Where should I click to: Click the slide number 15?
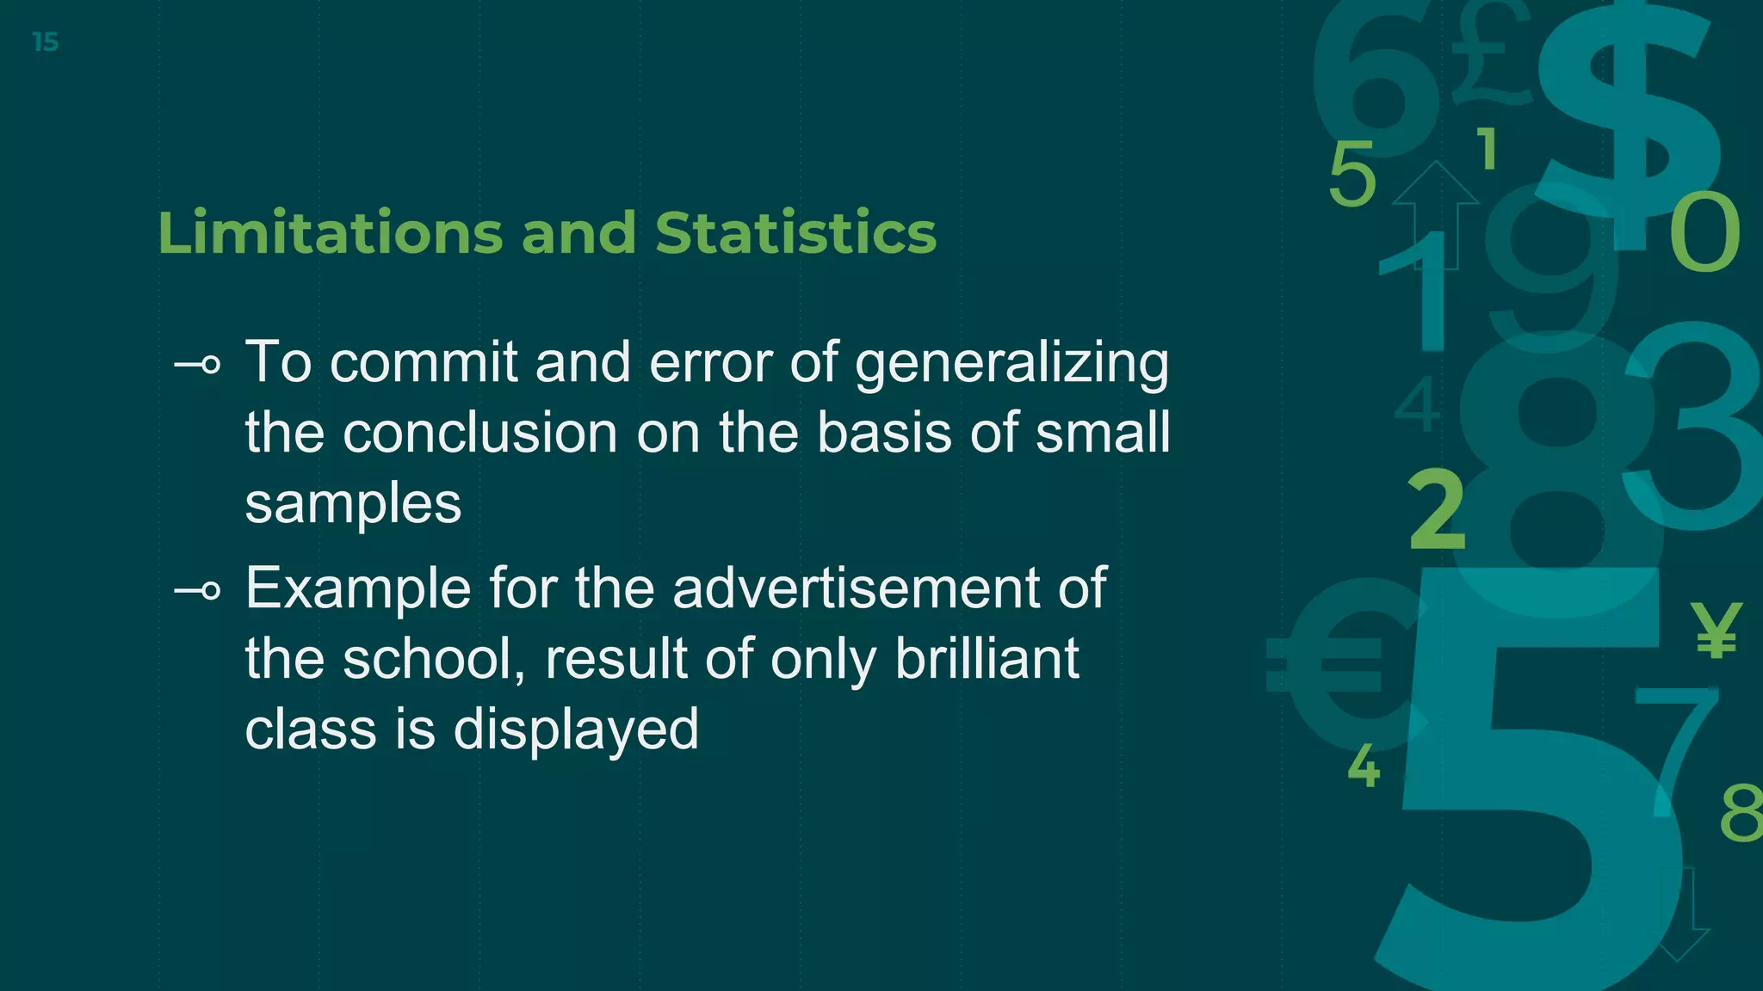pos(45,42)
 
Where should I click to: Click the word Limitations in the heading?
pos(330,233)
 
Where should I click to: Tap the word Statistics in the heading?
pos(795,233)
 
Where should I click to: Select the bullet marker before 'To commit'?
pos(197,366)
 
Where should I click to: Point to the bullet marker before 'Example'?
pos(197,591)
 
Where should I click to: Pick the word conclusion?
pos(479,432)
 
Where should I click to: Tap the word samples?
pos(353,503)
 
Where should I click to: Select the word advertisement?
pos(856,588)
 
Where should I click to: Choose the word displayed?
pos(576,730)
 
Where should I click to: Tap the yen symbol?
pos(1716,630)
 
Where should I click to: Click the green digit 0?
pos(1704,232)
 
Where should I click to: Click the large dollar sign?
pos(1627,112)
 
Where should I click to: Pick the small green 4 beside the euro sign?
pos(1364,765)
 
